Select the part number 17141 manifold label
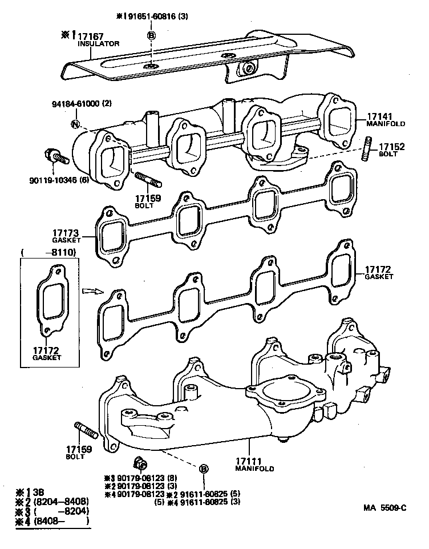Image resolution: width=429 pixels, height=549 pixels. point(377,115)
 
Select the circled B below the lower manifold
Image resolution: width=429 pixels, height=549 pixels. point(203,469)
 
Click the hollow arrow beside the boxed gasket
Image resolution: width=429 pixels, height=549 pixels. point(90,290)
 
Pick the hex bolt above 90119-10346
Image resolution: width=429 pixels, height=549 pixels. point(54,157)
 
